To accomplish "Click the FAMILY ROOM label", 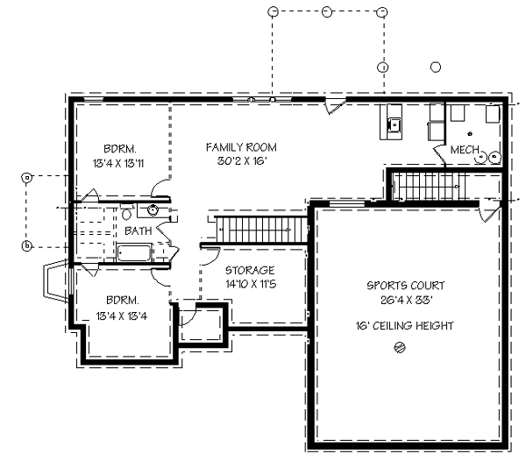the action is (241, 147).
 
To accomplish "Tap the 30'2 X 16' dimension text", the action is (242, 161).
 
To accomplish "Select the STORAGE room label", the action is (250, 270).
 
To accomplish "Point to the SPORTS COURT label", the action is (406, 286).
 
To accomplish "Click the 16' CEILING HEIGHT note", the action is (404, 326).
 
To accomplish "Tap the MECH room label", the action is (465, 150).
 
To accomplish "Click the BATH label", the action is (139, 231).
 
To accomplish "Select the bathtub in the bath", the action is (134, 253).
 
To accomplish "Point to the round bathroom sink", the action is (153, 210).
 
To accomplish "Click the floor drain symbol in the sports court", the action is (399, 347).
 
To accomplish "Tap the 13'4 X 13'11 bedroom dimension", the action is (118, 164).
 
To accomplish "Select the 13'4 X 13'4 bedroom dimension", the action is (122, 316).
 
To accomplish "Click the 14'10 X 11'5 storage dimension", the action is (251, 284).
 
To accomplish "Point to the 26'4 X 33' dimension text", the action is (407, 300).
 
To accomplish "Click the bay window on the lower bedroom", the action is (57, 281).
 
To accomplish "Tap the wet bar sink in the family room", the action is (394, 125).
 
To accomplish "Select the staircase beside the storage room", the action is (261, 230).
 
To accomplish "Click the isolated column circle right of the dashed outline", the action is (436, 67).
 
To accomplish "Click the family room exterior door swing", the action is (336, 106).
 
